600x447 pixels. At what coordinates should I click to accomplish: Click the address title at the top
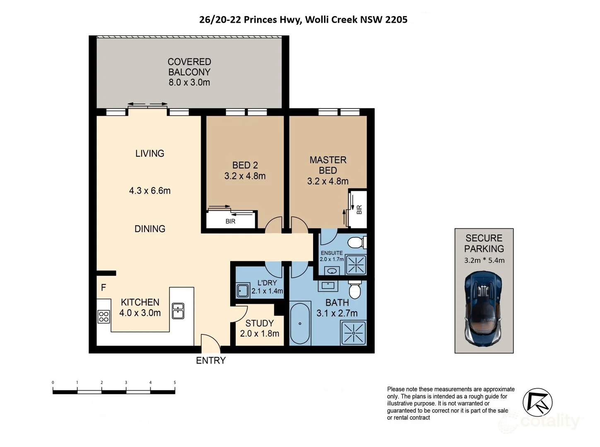coord(303,19)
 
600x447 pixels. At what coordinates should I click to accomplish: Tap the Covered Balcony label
coord(189,67)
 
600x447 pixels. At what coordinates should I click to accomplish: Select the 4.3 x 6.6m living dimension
coord(149,191)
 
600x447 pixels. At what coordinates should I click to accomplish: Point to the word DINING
coord(149,229)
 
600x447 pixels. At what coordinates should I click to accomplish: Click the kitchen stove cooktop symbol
coord(104,317)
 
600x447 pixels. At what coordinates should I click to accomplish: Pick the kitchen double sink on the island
coord(178,311)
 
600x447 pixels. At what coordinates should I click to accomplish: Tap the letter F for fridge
coord(104,287)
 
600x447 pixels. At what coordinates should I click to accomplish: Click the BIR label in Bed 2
coord(230,221)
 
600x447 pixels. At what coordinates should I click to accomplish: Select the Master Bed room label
coord(328,165)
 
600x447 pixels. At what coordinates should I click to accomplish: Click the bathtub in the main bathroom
coord(300,323)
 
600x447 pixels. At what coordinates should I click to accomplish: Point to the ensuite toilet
coord(357,242)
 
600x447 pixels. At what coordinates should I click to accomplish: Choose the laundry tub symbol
coord(243,291)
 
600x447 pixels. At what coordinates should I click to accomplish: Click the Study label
coord(260,323)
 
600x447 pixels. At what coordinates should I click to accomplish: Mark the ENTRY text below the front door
coord(211,360)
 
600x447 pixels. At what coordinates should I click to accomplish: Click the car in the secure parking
coord(484,308)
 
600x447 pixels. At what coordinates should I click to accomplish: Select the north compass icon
coord(537,403)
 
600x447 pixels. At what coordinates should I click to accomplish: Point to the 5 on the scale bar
coord(175,382)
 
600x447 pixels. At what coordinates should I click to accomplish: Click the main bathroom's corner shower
coord(354,333)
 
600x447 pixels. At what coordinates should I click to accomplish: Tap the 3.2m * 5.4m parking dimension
coord(484,260)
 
